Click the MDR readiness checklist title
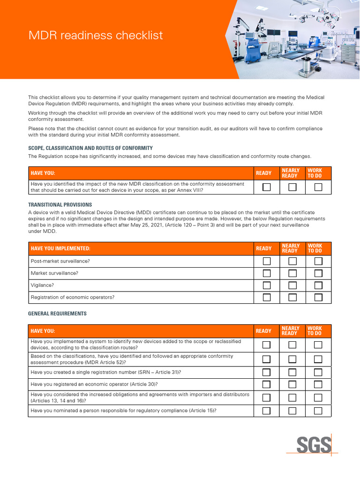click(x=96, y=35)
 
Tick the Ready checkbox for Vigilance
click(x=267, y=285)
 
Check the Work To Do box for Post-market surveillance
click(x=318, y=261)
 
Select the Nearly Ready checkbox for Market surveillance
click(x=292, y=273)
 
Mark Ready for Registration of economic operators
click(x=267, y=297)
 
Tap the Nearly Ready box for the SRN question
click(x=292, y=373)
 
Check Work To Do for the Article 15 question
click(x=318, y=411)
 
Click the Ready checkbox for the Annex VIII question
click(x=267, y=187)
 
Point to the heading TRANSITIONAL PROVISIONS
click(x=60, y=205)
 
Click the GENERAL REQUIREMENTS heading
click(x=57, y=314)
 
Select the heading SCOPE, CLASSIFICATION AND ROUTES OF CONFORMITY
click(x=90, y=148)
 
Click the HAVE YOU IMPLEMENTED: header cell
click(x=60, y=248)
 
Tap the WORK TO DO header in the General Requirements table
click(x=315, y=331)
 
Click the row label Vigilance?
click(x=42, y=285)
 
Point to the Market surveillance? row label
click(x=54, y=273)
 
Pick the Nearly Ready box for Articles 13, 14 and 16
click(x=292, y=398)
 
